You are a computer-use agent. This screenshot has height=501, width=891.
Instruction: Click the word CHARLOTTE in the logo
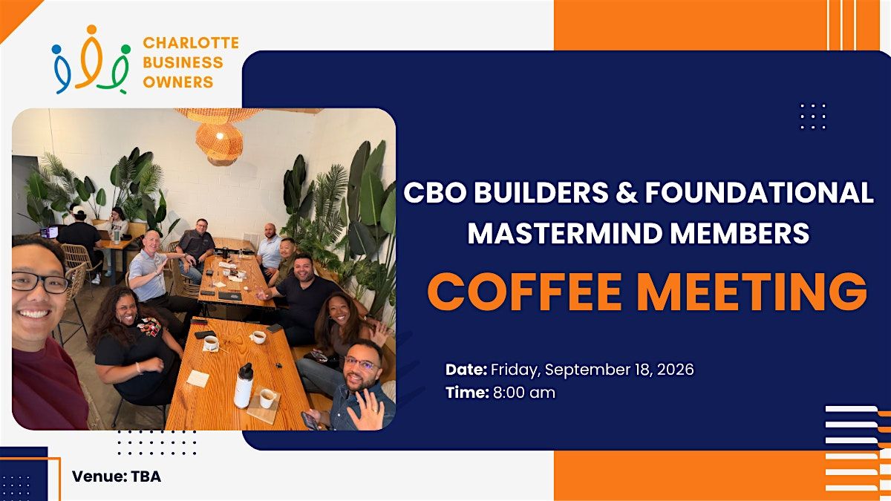[191, 42]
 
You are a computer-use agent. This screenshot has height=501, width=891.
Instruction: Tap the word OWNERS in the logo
[178, 82]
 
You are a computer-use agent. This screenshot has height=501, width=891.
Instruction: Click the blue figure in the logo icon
[61, 69]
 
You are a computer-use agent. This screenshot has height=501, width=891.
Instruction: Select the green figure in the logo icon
[114, 69]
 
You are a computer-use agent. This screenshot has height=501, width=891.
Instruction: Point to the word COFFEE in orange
[524, 292]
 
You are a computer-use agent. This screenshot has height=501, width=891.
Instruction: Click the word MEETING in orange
[754, 292]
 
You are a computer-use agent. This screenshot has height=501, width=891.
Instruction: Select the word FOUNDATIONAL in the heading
[759, 192]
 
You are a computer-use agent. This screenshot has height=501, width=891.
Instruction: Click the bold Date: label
[466, 370]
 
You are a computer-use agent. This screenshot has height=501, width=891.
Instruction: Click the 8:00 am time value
[524, 393]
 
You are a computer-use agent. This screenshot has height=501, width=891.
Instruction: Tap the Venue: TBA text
[117, 477]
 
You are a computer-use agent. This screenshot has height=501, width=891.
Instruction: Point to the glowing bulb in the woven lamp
[220, 137]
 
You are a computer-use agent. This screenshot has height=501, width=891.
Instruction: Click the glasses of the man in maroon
[40, 283]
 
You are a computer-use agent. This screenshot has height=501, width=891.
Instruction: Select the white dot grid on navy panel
[813, 117]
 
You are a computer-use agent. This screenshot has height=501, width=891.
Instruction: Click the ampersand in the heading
[627, 192]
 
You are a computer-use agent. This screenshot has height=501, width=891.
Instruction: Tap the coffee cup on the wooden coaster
[267, 398]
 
